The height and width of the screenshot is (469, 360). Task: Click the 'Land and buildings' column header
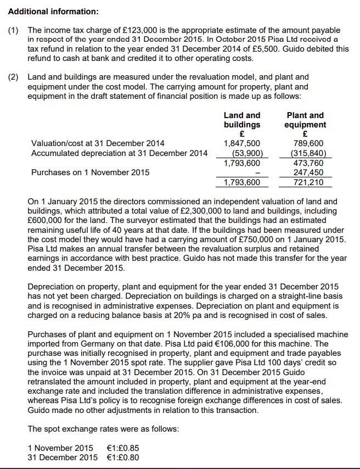click(x=242, y=120)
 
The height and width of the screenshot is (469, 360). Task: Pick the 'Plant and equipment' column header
click(x=305, y=120)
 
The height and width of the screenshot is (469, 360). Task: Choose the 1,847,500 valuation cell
click(x=242, y=143)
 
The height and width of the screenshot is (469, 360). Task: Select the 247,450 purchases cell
click(x=308, y=172)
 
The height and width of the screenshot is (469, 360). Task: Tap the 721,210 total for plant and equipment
click(x=308, y=182)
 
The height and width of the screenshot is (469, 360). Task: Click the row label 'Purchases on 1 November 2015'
click(x=90, y=172)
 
